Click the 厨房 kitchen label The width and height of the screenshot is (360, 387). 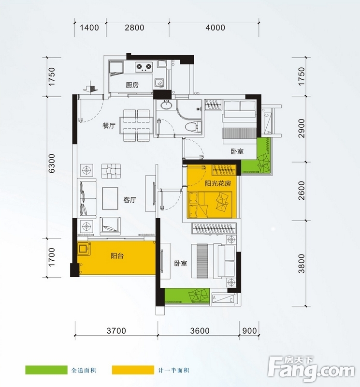point(132,85)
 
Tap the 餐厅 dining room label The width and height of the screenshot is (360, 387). point(109,126)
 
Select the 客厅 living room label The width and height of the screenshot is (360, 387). point(130,200)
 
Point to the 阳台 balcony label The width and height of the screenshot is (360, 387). point(117,256)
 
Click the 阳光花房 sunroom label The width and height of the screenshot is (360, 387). point(218,183)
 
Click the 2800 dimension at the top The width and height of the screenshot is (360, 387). point(134,28)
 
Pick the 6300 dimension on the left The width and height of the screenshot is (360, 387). point(52,163)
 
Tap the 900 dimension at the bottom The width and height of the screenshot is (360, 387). point(249,331)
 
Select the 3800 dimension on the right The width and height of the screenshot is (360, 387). point(302,264)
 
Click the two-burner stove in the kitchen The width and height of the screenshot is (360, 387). point(144,66)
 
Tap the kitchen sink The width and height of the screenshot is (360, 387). point(159,83)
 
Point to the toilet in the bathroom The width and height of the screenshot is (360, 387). point(193,127)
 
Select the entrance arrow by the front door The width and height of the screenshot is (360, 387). point(90,88)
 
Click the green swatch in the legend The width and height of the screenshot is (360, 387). point(46,370)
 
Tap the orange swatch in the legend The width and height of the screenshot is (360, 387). point(133,370)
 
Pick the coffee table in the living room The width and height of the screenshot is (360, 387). point(110,198)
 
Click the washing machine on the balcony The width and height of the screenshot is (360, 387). point(84,249)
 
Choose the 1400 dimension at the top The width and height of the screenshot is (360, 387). point(89,28)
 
